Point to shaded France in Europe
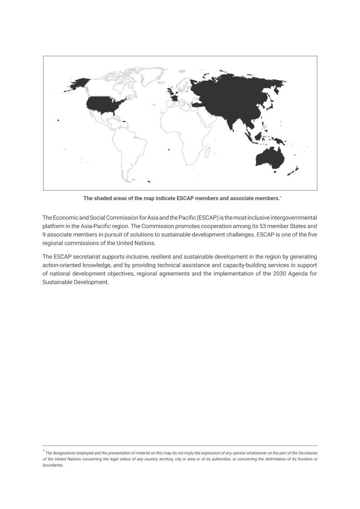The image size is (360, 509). [174, 98]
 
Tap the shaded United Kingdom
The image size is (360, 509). [170, 91]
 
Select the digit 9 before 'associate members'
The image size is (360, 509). [44, 235]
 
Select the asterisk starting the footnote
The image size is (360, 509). [44, 451]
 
